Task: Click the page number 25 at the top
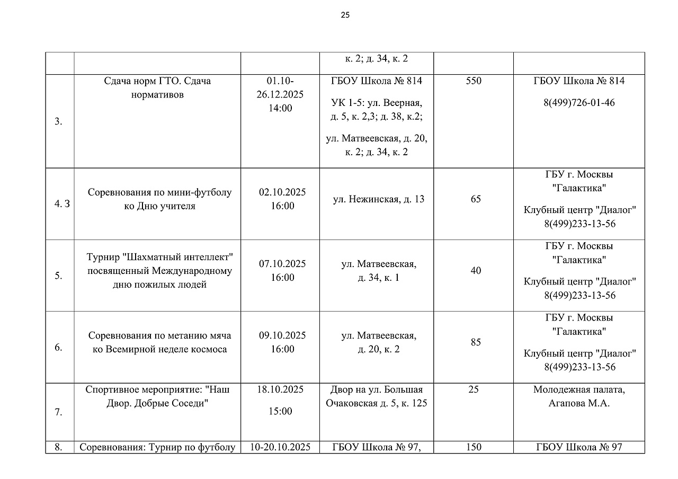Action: (x=345, y=15)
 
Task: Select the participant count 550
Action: (x=474, y=81)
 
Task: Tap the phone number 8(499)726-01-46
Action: (x=579, y=102)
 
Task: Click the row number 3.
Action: (x=58, y=121)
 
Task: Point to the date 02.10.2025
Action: (x=282, y=192)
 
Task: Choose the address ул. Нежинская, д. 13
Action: (x=379, y=199)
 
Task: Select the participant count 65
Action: (x=476, y=199)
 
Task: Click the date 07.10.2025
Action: (x=282, y=264)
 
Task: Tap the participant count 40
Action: (x=476, y=271)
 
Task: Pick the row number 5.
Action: (x=58, y=276)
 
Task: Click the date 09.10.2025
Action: (x=282, y=335)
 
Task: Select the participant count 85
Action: (x=476, y=342)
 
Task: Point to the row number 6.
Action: (x=58, y=348)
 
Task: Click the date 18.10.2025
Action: (x=280, y=389)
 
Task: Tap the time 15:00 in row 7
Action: (x=280, y=411)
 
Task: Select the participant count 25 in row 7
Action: (x=474, y=389)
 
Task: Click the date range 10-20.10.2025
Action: (x=280, y=447)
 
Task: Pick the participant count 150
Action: (x=474, y=447)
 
